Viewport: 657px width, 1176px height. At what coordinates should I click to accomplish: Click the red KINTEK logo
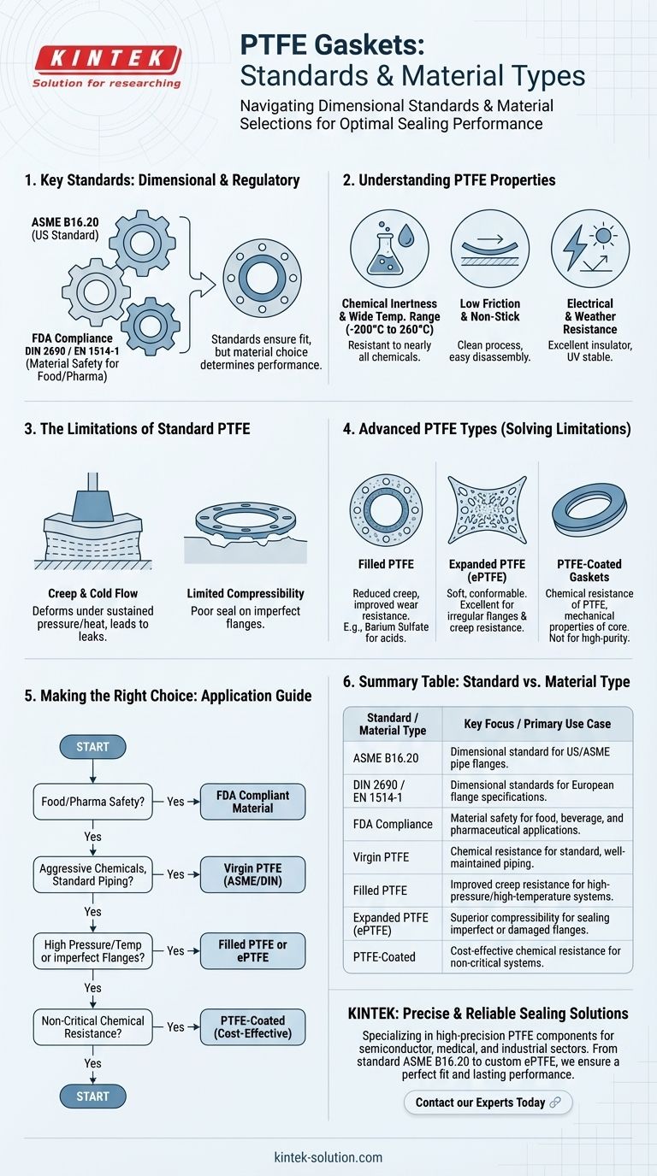coord(106,60)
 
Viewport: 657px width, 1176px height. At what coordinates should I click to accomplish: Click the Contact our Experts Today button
coord(488,1102)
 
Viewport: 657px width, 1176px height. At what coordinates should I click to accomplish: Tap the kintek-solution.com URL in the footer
coord(328,1157)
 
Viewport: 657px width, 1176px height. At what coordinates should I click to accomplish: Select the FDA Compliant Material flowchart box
coord(252,802)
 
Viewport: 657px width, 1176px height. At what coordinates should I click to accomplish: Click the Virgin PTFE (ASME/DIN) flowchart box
coord(252,874)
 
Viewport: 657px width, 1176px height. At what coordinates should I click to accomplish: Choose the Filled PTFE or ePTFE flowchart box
coord(252,950)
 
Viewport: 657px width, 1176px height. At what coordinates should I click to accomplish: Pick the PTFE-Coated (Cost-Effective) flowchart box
coord(252,1026)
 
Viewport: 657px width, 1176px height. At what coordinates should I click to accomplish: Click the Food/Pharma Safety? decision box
coord(93,802)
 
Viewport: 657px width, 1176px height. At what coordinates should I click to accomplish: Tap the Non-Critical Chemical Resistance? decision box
coord(93,1026)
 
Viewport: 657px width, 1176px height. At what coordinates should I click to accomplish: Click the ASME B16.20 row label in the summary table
coord(387,757)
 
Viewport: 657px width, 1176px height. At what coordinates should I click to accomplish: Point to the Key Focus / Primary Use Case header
coord(537,723)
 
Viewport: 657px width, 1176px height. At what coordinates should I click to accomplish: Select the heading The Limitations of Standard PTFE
coord(138,428)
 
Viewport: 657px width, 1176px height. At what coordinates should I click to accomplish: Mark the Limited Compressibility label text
coord(246,593)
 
